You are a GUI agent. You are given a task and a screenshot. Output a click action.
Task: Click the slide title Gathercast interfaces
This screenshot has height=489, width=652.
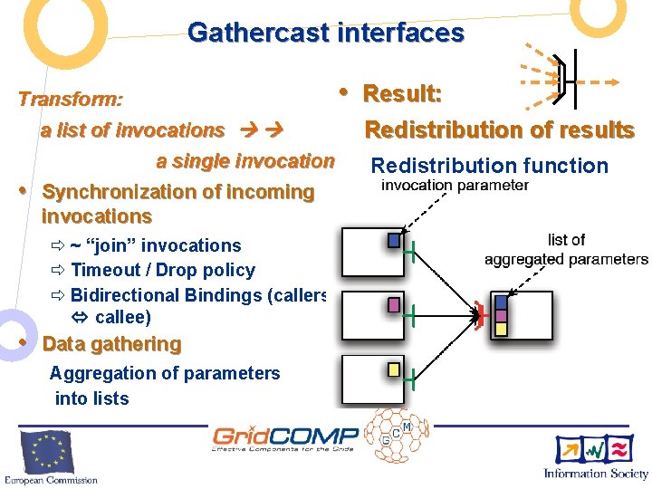point(326,34)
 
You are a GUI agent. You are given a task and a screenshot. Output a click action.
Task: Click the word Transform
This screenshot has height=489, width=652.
point(70,98)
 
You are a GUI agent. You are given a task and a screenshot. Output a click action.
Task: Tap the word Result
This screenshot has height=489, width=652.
point(401,93)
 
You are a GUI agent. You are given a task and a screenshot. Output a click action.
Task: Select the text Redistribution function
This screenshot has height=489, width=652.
point(490,166)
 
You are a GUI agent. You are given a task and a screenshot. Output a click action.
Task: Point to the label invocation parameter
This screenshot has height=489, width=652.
point(454,186)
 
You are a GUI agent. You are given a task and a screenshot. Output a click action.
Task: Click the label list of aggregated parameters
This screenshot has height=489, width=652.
point(566,250)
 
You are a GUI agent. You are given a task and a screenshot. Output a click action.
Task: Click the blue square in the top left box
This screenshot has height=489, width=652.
point(394,241)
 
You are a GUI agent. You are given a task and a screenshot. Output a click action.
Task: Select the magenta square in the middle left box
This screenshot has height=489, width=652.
point(394,305)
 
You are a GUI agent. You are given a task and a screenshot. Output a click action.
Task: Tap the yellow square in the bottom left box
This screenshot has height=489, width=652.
point(394,369)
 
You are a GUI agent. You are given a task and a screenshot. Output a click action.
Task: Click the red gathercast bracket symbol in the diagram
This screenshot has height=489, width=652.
point(480,314)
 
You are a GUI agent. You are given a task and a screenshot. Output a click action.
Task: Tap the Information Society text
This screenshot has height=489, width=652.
point(596,474)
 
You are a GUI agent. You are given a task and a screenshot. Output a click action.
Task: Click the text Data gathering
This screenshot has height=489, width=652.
point(111,344)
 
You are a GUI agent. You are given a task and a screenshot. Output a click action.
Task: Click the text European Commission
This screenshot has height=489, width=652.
point(50,479)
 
